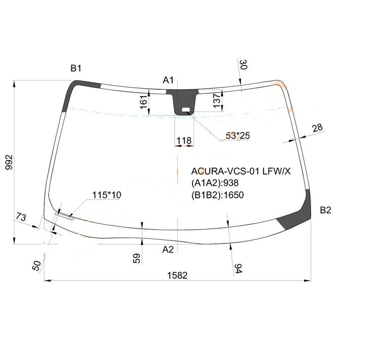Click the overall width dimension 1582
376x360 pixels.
pyautogui.click(x=177, y=275)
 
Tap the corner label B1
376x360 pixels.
pyautogui.click(x=75, y=68)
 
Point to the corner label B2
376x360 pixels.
pyautogui.click(x=325, y=210)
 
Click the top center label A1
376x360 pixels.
pyautogui.click(x=168, y=80)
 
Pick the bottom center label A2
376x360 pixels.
pyautogui.click(x=168, y=249)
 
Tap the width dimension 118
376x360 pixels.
pyautogui.click(x=184, y=141)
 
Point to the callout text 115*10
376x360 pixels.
pyautogui.click(x=107, y=195)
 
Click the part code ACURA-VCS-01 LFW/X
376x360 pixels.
pyautogui.click(x=241, y=172)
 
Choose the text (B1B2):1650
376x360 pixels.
pyautogui.click(x=218, y=195)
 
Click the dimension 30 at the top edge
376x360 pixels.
pyautogui.click(x=243, y=65)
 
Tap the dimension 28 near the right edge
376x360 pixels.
pyautogui.click(x=317, y=127)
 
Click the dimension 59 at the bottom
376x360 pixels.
pyautogui.click(x=137, y=258)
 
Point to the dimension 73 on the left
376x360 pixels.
pyautogui.click(x=21, y=217)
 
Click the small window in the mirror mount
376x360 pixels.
pyautogui.click(x=187, y=110)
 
